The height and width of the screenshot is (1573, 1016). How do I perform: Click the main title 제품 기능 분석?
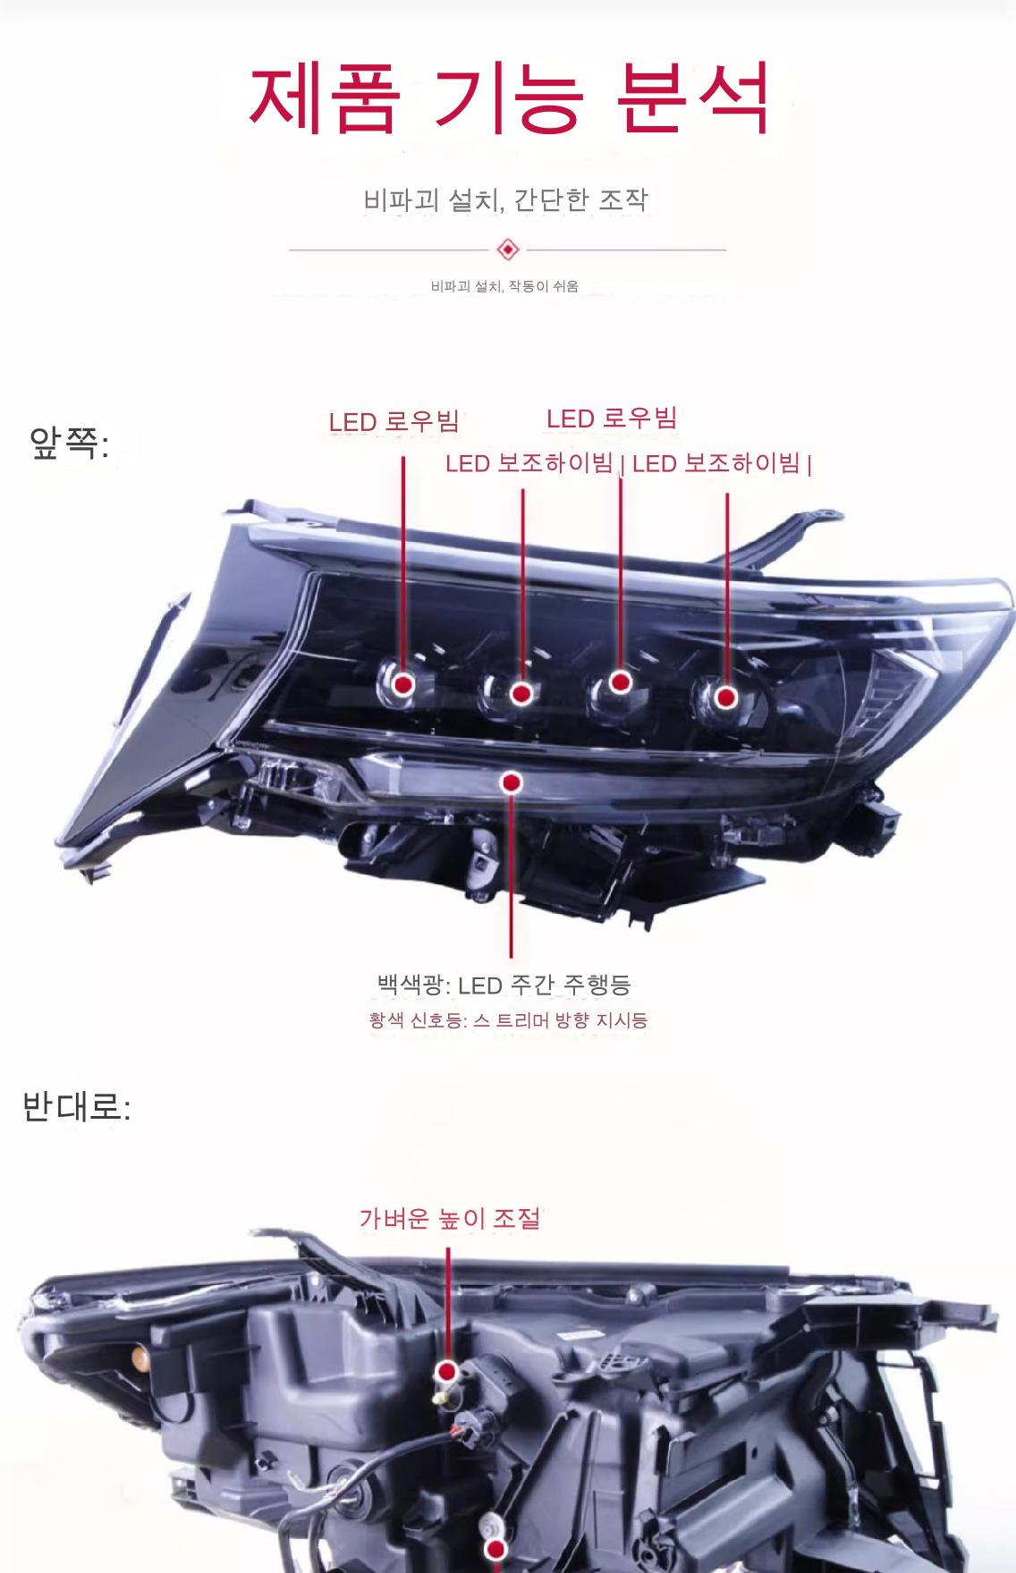point(508,97)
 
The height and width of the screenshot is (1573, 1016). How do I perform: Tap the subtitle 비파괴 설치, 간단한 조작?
point(505,199)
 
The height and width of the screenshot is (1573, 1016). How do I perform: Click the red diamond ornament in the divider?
point(507,249)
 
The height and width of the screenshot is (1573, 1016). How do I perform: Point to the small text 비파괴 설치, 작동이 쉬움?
point(504,286)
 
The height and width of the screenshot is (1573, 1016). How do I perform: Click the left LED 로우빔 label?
point(394,421)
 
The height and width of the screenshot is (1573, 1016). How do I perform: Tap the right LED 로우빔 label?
point(612,418)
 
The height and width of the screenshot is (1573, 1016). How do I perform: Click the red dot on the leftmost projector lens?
point(403,684)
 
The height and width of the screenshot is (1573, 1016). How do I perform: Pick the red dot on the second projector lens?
point(522,693)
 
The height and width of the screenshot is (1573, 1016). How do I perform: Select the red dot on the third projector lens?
point(621,681)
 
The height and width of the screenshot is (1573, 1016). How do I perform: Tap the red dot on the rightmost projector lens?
point(725,696)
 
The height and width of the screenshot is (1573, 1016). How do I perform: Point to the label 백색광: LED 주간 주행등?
point(504,985)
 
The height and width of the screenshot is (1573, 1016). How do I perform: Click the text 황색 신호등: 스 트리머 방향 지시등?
point(508,1019)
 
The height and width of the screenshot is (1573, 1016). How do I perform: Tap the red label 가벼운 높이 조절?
point(450,1218)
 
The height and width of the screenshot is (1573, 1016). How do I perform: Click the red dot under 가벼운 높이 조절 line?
point(447,1372)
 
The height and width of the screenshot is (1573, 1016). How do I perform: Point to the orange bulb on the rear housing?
point(139,1360)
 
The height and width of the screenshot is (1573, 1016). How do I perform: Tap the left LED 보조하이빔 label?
point(529,463)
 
